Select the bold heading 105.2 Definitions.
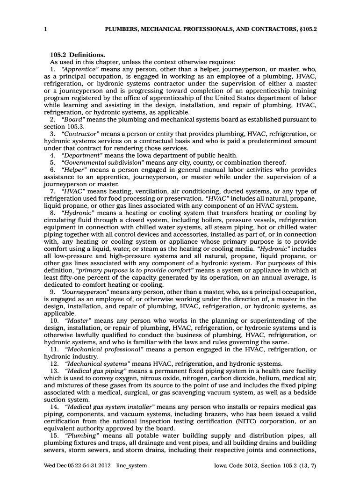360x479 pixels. tap(77, 55)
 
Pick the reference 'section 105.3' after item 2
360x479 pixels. tap(64, 127)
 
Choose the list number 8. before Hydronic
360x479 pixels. tap(53, 213)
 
